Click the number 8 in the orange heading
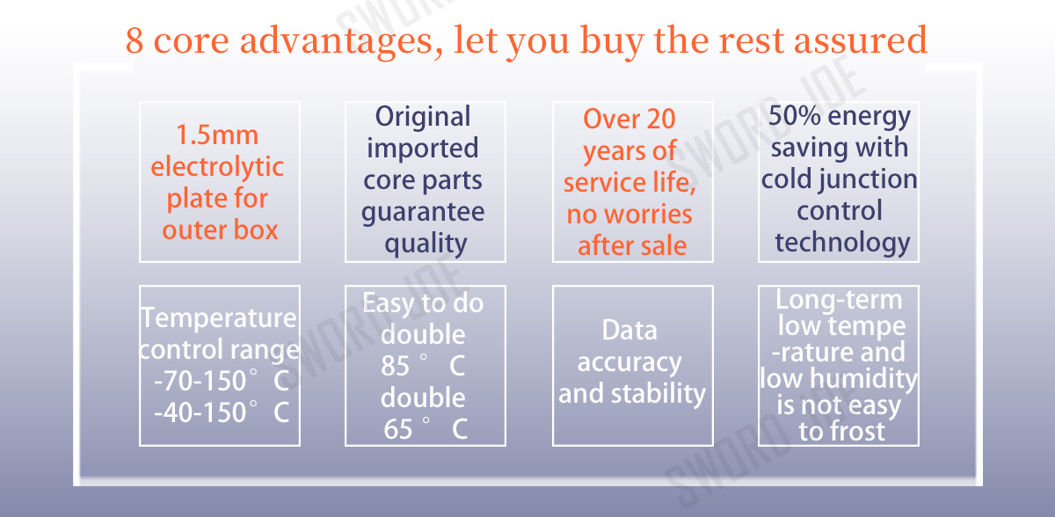coord(135,40)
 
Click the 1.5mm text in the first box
coord(217,135)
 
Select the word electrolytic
coord(217,167)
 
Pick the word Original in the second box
coord(423,117)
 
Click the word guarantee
coord(423,213)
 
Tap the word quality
coord(426,244)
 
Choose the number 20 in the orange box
coord(661,119)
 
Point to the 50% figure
coord(794,115)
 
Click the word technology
coord(842,243)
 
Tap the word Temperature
coord(219,317)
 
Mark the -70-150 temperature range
coord(200,381)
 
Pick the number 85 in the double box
coord(395,366)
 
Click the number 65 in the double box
coord(398,429)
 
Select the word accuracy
coord(629,362)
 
